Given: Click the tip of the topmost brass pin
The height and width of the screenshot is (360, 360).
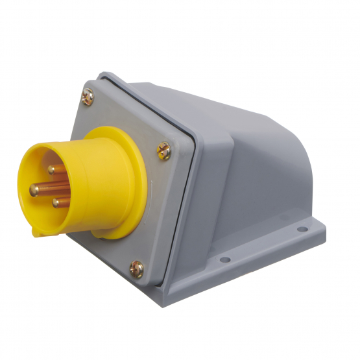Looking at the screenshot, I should click(52, 170).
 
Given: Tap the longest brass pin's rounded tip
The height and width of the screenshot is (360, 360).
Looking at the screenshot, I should click(34, 189).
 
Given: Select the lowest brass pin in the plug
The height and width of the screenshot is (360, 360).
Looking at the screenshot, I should click(56, 202).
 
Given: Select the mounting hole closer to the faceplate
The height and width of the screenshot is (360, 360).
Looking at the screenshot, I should click(224, 259).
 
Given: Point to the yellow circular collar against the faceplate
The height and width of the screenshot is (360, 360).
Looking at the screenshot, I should click(130, 162).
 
